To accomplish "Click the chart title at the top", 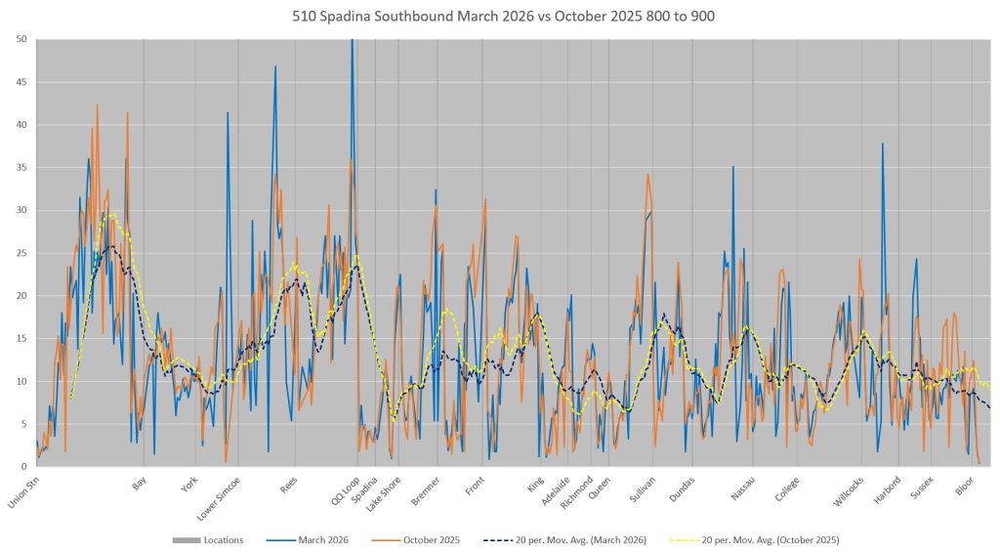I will tap(499, 17).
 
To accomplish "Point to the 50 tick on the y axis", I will tap(21, 39).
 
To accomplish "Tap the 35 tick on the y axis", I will tap(21, 167).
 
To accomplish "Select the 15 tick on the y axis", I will tap(21, 338).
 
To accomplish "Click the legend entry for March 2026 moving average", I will tap(580, 539).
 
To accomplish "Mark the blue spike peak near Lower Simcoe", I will tap(229, 112).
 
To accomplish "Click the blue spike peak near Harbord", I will tap(883, 144).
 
